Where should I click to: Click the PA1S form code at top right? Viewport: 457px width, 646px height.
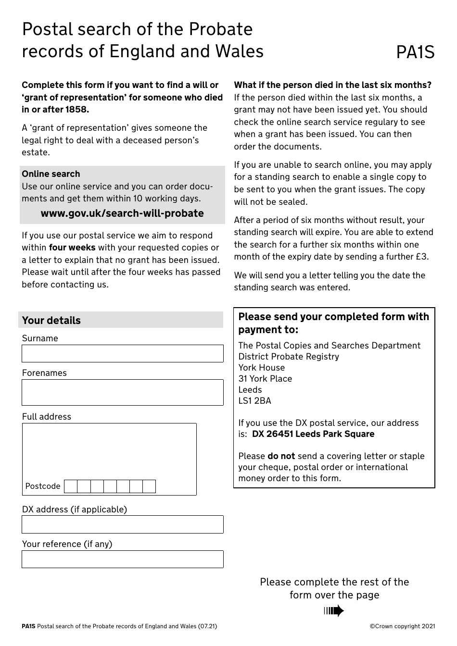(415, 52)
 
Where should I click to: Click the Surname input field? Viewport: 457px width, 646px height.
(122, 353)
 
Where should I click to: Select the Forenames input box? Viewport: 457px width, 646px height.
(122, 392)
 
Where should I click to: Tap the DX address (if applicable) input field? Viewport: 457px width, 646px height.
(122, 524)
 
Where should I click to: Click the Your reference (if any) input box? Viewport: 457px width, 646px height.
(122, 559)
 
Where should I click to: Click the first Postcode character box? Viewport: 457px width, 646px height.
(71, 486)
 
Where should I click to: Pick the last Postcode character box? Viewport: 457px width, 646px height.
(149, 486)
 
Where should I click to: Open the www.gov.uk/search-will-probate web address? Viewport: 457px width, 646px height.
(122, 213)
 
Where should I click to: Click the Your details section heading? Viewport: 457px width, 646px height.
(51, 321)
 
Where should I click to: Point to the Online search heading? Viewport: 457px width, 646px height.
(51, 174)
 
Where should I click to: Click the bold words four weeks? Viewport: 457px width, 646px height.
(72, 248)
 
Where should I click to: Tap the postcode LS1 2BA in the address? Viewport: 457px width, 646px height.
(254, 401)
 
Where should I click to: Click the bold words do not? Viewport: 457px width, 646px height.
(281, 456)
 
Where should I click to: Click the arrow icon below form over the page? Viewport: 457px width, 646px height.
(334, 611)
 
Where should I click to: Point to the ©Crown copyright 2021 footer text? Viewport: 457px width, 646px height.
(402, 626)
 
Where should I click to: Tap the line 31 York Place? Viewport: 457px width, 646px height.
(265, 379)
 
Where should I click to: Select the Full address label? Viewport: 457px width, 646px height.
(47, 417)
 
